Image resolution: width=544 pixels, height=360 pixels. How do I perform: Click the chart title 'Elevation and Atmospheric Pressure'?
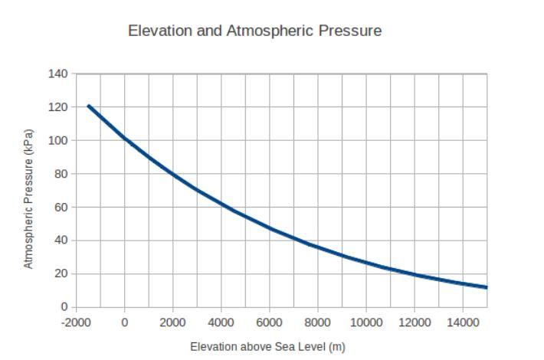[254, 31]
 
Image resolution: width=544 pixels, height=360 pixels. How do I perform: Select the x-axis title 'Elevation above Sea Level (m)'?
[267, 347]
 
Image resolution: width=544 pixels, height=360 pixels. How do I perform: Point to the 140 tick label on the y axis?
[58, 74]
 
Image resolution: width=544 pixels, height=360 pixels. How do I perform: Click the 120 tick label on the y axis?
[58, 107]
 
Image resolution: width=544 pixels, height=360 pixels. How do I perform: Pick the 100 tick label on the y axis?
[58, 141]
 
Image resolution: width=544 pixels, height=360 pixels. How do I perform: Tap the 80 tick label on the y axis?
[61, 174]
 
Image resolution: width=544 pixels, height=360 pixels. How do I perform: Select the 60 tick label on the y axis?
[61, 208]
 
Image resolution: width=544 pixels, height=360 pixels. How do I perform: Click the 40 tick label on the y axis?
[61, 241]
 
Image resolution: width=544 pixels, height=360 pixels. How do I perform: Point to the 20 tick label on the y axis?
[61, 274]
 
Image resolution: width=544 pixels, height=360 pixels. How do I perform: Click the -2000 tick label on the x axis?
[76, 322]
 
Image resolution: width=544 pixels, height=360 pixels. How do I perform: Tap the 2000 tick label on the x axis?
[172, 322]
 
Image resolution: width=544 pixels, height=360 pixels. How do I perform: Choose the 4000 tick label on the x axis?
[221, 322]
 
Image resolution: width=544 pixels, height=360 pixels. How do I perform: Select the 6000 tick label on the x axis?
[269, 322]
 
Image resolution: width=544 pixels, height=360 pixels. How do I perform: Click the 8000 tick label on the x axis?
[317, 322]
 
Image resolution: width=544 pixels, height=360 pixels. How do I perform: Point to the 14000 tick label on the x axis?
[462, 322]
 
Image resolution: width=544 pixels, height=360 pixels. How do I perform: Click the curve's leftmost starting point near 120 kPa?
[89, 106]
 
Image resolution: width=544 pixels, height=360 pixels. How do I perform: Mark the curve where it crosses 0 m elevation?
[125, 139]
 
